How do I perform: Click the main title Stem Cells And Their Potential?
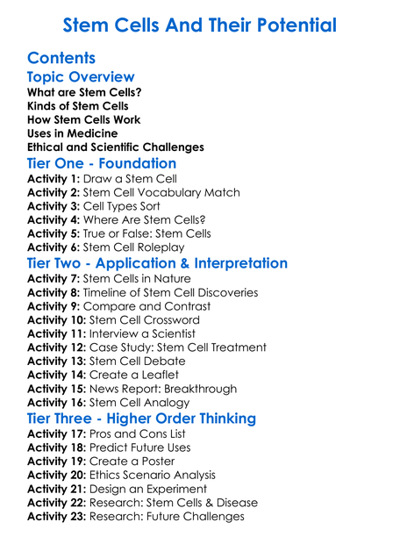[x=200, y=24]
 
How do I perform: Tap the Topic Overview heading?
[x=81, y=78]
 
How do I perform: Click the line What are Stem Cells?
[x=84, y=92]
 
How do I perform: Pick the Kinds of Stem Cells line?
[x=77, y=106]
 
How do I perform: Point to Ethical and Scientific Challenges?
[x=116, y=147]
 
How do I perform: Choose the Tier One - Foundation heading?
[x=102, y=164]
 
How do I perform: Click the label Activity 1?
[x=54, y=179]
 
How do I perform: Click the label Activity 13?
[x=57, y=361]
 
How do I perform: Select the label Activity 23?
[x=57, y=517]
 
